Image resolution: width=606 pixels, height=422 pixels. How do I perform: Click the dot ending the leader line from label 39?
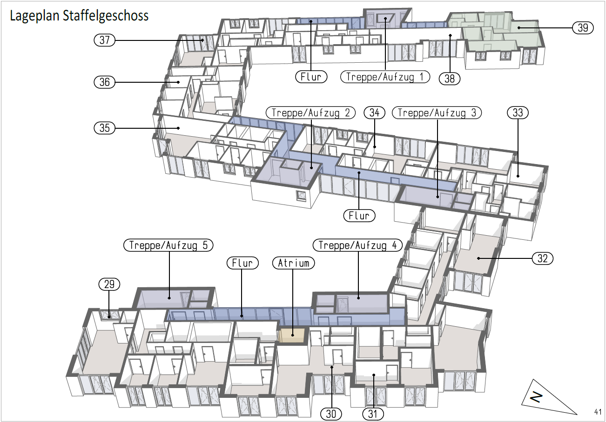518,27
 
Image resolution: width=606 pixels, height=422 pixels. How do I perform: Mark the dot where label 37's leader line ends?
202,40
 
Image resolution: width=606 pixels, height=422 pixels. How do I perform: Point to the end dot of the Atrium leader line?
293,335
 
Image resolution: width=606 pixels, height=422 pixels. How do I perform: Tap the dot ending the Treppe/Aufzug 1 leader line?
385,19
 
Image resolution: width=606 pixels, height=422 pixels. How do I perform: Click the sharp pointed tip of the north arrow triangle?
577,414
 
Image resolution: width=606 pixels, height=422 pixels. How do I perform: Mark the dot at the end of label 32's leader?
478,258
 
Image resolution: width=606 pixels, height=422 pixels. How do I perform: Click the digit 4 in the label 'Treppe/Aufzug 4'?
394,245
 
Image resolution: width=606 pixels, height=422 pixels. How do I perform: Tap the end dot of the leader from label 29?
109,317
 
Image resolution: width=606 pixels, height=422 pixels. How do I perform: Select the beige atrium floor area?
292,336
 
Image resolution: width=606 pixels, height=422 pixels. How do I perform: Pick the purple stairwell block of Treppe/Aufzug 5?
173,298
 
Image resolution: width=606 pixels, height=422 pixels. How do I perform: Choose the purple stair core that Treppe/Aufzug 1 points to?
385,19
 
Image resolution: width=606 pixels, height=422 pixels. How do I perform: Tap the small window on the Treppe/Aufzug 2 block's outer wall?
301,195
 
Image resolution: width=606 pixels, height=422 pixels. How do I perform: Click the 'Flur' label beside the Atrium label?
242,263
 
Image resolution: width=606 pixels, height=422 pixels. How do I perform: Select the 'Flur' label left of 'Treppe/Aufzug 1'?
311,77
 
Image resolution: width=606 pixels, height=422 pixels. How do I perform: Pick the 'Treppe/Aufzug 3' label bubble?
437,112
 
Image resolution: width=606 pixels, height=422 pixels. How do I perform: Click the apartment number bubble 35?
104,128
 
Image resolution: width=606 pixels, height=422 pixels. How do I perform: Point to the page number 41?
598,412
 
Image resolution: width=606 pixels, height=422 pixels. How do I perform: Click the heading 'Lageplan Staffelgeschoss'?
79,15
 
